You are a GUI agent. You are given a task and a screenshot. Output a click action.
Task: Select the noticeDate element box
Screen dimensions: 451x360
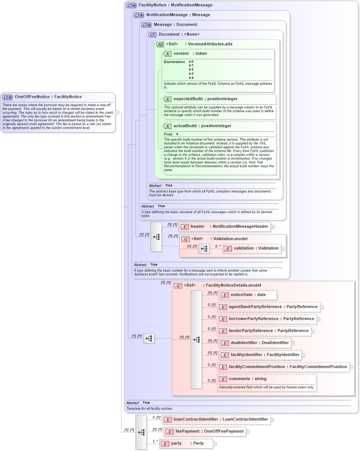pos(248,295)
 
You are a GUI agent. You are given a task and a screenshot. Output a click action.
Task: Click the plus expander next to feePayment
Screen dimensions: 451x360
pos(248,431)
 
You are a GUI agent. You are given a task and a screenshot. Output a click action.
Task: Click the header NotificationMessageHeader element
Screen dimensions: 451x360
pos(225,227)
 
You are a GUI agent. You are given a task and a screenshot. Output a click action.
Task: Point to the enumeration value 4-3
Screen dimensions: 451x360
pos(191,74)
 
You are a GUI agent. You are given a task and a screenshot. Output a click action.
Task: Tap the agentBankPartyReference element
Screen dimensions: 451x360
pos(269,307)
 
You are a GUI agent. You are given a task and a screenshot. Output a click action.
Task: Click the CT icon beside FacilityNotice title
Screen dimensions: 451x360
pos(131,5)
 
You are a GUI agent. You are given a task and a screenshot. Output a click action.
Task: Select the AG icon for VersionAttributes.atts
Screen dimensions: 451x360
pos(160,44)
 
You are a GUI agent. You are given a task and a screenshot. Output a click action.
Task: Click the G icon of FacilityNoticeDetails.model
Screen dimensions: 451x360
pos(178,286)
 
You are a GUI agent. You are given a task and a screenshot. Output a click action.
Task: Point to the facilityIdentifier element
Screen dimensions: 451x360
pos(260,355)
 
